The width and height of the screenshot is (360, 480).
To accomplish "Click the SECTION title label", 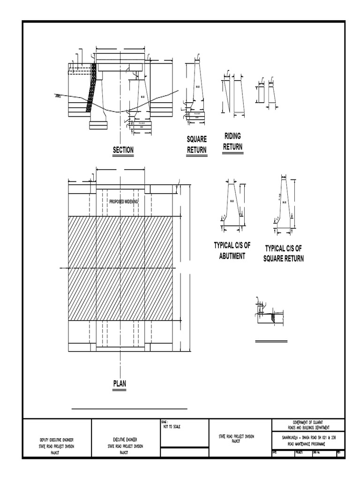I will pyautogui.click(x=123, y=150).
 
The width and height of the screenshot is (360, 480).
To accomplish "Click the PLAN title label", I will pyautogui.click(x=120, y=383).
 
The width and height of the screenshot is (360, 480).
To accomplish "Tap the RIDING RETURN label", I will pyautogui.click(x=232, y=141).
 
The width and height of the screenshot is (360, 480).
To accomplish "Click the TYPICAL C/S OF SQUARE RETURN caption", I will pyautogui.click(x=284, y=253).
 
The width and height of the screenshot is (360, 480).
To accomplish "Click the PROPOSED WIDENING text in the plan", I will pyautogui.click(x=123, y=202).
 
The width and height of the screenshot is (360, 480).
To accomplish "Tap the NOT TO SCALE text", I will pyautogui.click(x=172, y=427).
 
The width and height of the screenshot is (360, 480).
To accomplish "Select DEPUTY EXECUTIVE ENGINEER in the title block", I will pyautogui.click(x=57, y=440).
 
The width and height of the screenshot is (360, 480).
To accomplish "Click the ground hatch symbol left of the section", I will pyautogui.click(x=57, y=97).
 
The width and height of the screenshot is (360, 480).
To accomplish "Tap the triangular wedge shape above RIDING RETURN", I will pyautogui.click(x=226, y=96).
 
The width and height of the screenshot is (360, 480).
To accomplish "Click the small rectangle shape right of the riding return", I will pyautogui.click(x=260, y=94).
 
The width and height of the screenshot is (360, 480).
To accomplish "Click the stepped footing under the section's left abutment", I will pyautogui.click(x=98, y=124).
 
